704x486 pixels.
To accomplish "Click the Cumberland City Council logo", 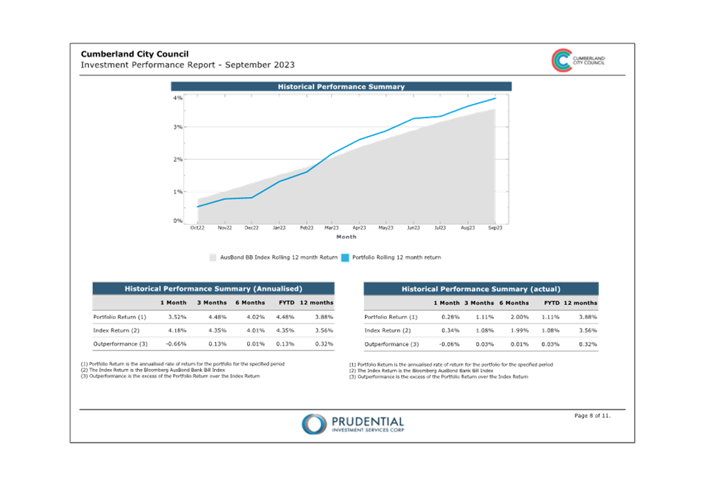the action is click(578, 60).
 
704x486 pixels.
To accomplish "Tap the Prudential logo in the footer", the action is click(353, 424).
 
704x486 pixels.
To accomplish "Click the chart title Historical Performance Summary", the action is click(341, 87).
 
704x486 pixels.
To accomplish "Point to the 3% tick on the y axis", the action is click(178, 127).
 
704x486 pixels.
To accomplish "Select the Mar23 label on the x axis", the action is click(331, 228).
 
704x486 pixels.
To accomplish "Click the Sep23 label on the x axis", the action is click(495, 228).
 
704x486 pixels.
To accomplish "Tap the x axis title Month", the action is click(346, 237).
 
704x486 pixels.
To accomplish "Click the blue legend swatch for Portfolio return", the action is click(345, 257).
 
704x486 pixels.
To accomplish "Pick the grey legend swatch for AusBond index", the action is click(213, 257).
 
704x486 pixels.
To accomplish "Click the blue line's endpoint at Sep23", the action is click(495, 99).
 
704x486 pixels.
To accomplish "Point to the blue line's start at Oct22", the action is click(198, 207).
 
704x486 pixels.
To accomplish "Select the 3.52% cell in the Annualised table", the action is click(177, 317).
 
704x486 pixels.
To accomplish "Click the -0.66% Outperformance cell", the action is click(176, 344).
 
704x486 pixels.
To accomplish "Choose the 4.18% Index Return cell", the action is click(177, 330).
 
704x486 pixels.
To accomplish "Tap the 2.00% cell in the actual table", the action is click(519, 317).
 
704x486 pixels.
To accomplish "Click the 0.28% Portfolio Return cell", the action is click(450, 317).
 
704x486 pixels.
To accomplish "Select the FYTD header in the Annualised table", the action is click(286, 302).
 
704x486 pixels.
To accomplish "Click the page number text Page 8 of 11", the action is click(592, 415).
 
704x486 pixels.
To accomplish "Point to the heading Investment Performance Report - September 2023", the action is click(188, 65).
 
